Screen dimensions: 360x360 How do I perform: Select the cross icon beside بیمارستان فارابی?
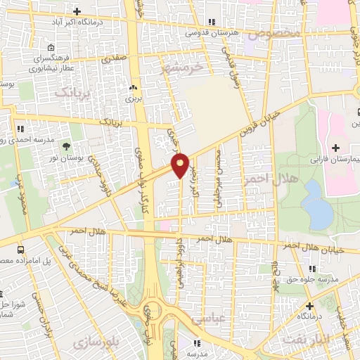pyautogui.click(x=335, y=148)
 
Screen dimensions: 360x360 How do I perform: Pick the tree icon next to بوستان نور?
pyautogui.click(x=66, y=147)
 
